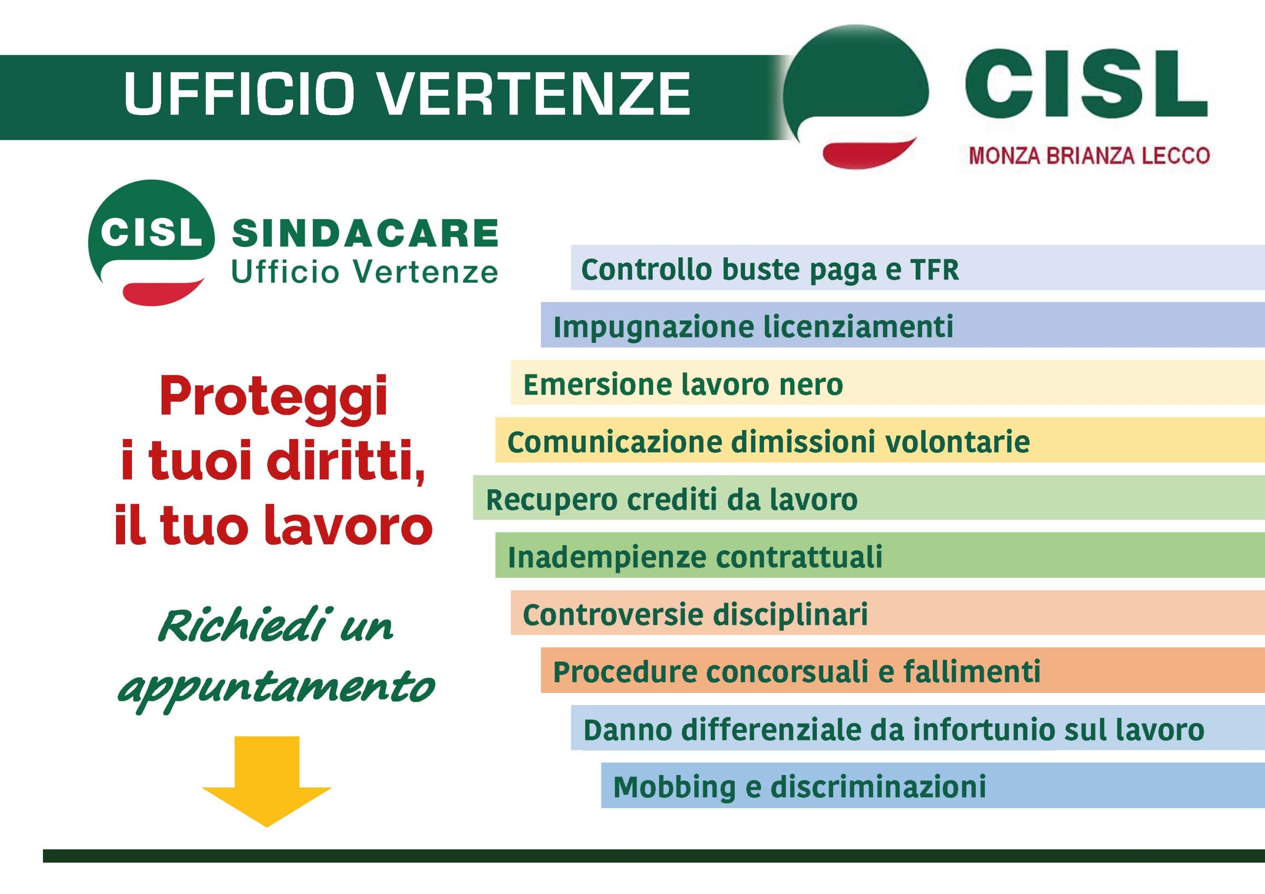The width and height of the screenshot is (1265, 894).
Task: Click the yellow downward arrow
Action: coord(267,781)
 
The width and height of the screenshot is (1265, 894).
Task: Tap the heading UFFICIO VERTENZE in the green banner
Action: coord(407,94)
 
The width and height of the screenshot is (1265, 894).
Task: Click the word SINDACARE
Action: coord(365,233)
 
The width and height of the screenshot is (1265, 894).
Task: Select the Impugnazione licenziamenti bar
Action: coord(902,325)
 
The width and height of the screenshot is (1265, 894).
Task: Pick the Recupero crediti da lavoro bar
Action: coord(869,497)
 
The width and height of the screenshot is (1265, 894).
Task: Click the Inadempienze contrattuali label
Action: coord(695,557)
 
